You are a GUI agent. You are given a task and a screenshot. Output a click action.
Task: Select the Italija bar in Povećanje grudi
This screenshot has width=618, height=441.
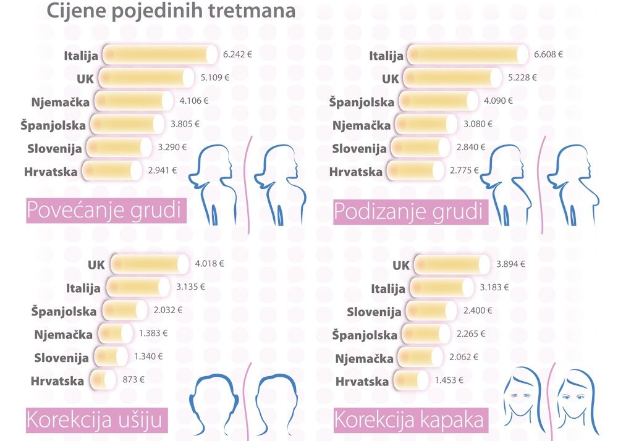pos(160,54)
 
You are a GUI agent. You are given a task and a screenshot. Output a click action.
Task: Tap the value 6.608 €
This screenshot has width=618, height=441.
pos(548,54)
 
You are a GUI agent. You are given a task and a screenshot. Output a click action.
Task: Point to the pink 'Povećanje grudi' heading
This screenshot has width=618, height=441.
pos(106,212)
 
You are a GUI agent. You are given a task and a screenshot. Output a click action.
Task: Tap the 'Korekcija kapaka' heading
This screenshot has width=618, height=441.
pos(408,420)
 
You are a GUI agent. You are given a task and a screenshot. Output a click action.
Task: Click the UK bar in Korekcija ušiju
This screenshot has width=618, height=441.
pos(148,264)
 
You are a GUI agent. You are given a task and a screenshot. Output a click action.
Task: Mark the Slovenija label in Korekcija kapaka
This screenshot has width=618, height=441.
pos(374,311)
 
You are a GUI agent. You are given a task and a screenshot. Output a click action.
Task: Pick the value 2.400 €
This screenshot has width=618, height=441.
pos(476,310)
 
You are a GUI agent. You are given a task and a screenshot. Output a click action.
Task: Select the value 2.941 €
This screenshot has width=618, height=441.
pos(163,170)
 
